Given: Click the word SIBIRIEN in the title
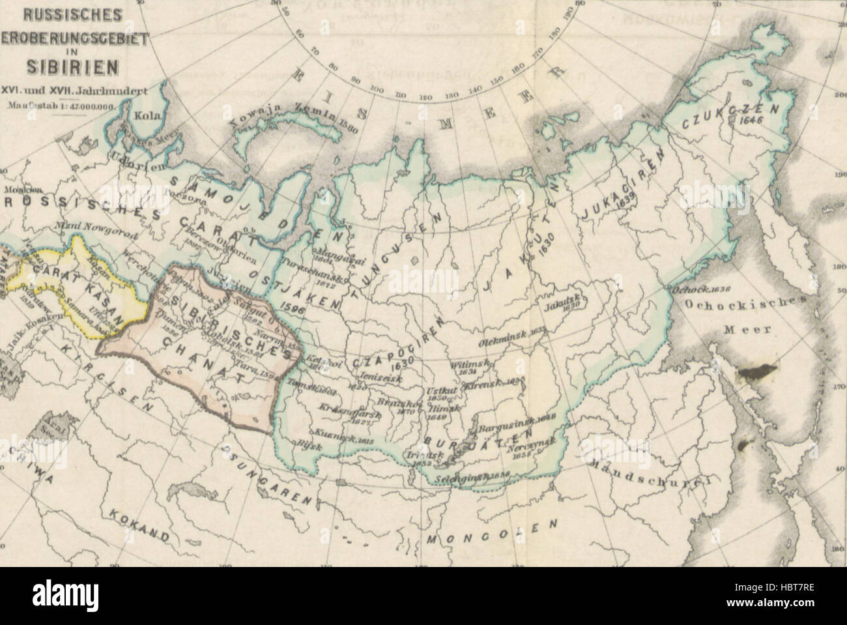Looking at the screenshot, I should coord(72,66).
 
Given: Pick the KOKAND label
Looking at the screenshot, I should coord(139,525).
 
